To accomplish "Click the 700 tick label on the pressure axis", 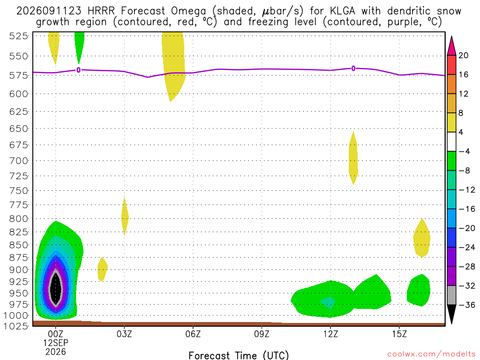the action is [19, 160].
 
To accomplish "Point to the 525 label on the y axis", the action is [19, 36].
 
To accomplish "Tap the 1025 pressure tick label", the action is [16, 326].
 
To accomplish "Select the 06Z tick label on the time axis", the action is [193, 334].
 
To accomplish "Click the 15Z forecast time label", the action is [399, 334].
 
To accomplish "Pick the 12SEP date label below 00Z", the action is [55, 343].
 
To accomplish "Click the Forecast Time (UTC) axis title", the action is [239, 355].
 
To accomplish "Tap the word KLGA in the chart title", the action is [343, 11].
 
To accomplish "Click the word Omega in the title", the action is [188, 12].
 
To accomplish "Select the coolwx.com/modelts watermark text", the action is [431, 354].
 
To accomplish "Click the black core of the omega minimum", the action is [56, 288].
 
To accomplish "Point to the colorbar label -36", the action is [467, 305].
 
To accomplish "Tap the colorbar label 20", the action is [464, 55].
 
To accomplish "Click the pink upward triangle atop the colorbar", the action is [451, 46].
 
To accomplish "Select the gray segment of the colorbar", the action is [451, 295].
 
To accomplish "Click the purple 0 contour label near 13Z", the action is [353, 68].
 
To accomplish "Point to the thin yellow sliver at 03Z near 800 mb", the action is [125, 217].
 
